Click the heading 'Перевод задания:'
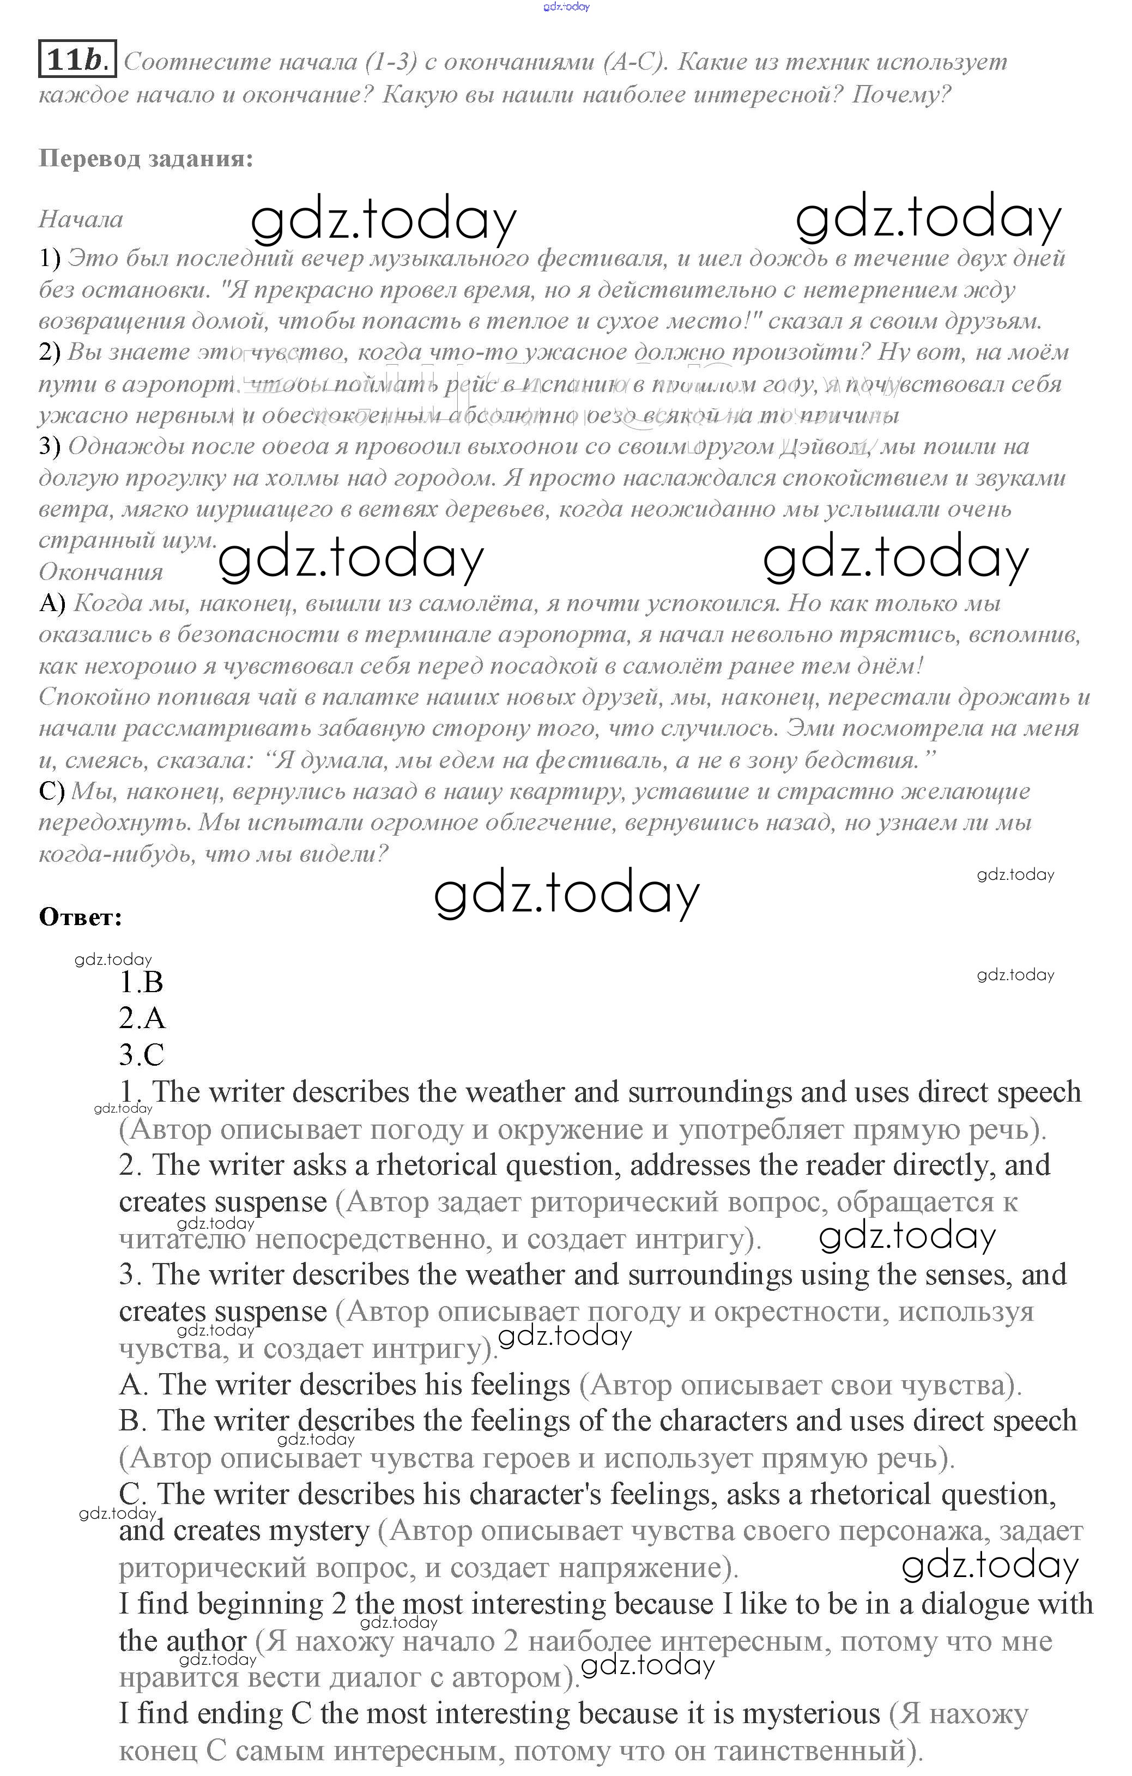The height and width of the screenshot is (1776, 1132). pyautogui.click(x=146, y=159)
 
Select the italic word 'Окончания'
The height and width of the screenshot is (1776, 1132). pyautogui.click(x=101, y=572)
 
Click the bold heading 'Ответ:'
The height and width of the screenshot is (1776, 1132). pyautogui.click(x=80, y=917)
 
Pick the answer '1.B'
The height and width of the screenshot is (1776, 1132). pyautogui.click(x=141, y=982)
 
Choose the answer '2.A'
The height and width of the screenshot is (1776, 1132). pyautogui.click(x=142, y=1018)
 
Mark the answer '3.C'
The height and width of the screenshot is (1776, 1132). pyautogui.click(x=142, y=1055)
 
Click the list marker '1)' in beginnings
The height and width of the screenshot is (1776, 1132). pyautogui.click(x=50, y=258)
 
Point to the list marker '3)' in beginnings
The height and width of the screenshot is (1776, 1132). pyautogui.click(x=50, y=446)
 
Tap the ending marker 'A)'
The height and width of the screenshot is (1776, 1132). pyautogui.click(x=52, y=603)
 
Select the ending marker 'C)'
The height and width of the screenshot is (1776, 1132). pyautogui.click(x=52, y=792)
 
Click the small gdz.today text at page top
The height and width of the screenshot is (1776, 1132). pyautogui.click(x=566, y=7)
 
